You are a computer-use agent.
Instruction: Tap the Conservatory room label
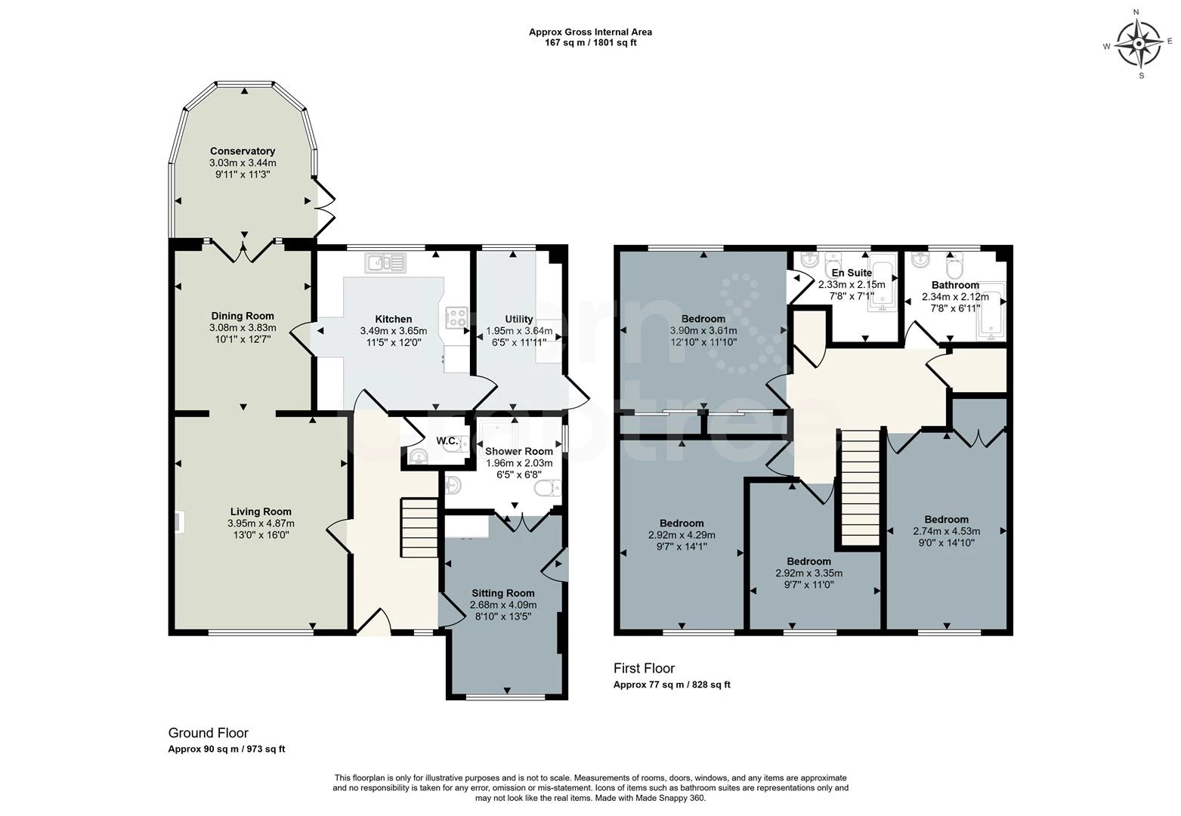242,151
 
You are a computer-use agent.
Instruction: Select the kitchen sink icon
385,263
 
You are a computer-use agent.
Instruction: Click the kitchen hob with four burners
457,317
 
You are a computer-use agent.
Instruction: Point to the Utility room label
518,319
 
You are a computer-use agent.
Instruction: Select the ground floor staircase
419,527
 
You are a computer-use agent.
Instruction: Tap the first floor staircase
858,487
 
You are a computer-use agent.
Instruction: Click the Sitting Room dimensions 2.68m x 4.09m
503,604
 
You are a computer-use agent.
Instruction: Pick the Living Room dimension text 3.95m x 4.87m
261,523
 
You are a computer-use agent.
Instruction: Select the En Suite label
852,273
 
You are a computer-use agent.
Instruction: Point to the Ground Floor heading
208,733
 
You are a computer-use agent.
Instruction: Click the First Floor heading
644,669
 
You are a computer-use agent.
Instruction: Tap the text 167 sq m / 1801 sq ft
590,43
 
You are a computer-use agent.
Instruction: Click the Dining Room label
243,316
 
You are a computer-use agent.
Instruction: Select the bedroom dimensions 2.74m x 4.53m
946,530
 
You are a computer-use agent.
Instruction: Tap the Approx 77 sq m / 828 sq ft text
671,685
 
